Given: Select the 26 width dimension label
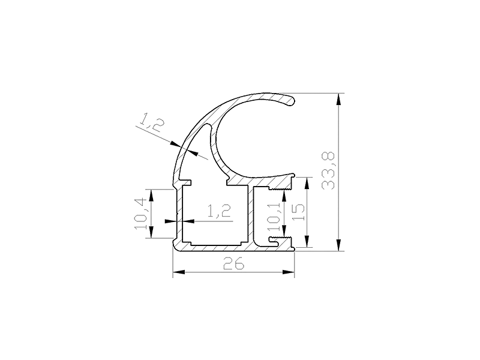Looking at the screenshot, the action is pyautogui.click(x=234, y=263).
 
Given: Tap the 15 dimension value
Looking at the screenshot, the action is pyautogui.click(x=298, y=212).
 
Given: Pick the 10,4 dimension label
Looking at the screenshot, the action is pyautogui.click(x=140, y=214).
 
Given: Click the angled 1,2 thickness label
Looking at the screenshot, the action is pyautogui.click(x=152, y=122).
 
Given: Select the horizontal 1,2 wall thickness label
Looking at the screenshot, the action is pyautogui.click(x=219, y=211).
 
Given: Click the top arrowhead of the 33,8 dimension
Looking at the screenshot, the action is pyautogui.click(x=338, y=99).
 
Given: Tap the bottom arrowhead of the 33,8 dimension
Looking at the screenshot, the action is pyautogui.click(x=338, y=245).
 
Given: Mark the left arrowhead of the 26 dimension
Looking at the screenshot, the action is pyautogui.click(x=179, y=272).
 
